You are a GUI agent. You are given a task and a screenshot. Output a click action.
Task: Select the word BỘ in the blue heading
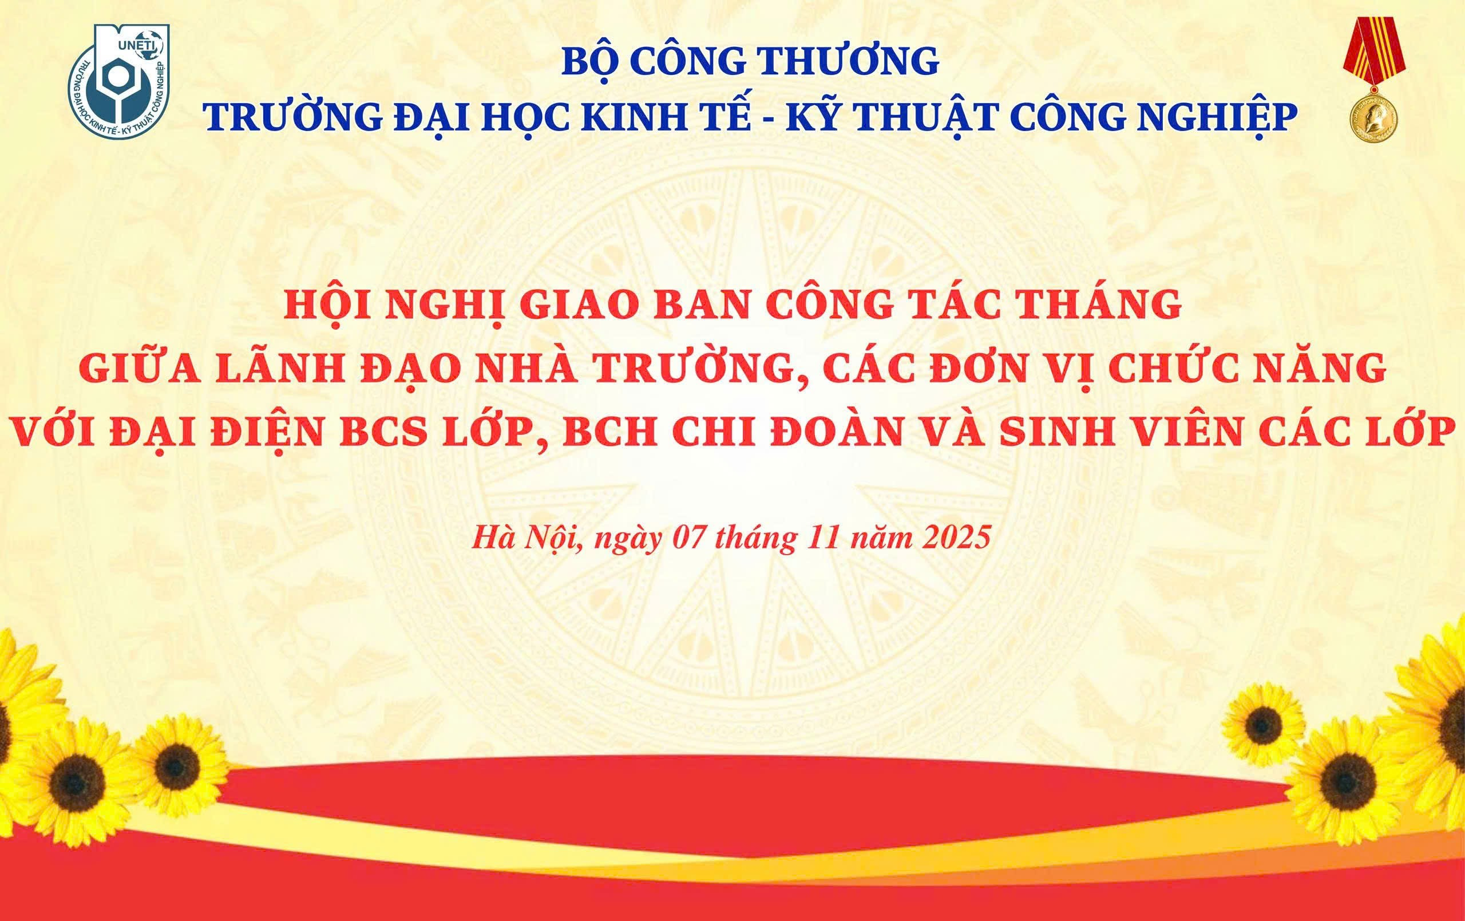(588, 64)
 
